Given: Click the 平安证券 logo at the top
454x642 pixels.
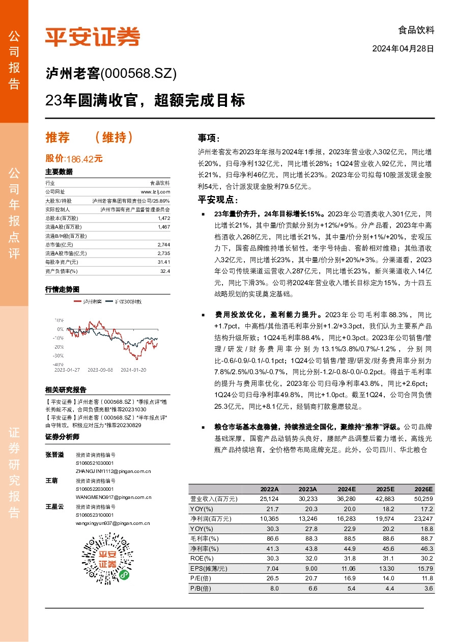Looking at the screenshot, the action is tap(92, 36).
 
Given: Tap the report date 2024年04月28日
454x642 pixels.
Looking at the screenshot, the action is tap(403, 49).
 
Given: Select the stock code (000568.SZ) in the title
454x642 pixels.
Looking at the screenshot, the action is tap(139, 74).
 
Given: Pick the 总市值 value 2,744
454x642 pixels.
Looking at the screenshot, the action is tap(163, 244).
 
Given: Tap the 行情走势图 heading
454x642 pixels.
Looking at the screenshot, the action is tap(62, 289).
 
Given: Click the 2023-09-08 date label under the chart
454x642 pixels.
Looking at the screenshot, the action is tap(100, 370).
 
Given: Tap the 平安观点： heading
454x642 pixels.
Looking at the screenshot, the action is tap(218, 200).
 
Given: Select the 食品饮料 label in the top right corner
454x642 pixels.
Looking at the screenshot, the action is tap(416, 30).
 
